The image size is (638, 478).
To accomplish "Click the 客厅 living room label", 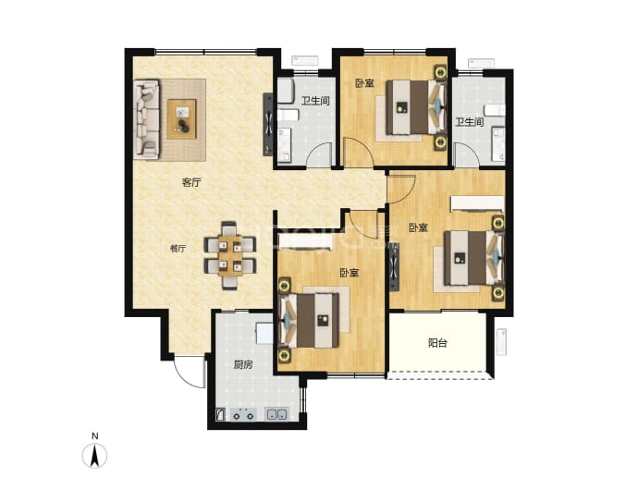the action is pyautogui.click(x=190, y=182).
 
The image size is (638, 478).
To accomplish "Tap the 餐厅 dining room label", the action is pyautogui.click(x=178, y=249).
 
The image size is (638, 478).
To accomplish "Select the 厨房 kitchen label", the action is pyautogui.click(x=242, y=365).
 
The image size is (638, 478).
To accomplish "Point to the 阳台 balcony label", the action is pyautogui.click(x=437, y=343).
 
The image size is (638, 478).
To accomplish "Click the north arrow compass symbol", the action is pyautogui.click(x=95, y=455).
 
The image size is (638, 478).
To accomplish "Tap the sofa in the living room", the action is pyautogui.click(x=146, y=118).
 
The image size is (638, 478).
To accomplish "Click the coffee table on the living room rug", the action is pyautogui.click(x=182, y=119).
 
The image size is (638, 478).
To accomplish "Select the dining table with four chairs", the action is pyautogui.click(x=230, y=255).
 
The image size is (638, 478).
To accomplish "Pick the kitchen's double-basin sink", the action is pyautogui.click(x=276, y=414).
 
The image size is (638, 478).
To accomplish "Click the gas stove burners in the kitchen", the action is pyautogui.click(x=243, y=414).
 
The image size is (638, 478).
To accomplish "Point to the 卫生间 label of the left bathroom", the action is pyautogui.click(x=315, y=101).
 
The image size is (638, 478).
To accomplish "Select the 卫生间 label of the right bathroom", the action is pyautogui.click(x=470, y=122).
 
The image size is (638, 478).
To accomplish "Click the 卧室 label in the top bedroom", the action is pyautogui.click(x=364, y=83).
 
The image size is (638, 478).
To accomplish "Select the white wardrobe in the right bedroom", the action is pyautogui.click(x=477, y=203).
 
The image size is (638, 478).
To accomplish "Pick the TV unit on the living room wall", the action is pyautogui.click(x=268, y=124).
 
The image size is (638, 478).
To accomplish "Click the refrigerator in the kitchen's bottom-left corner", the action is pyautogui.click(x=219, y=414).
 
